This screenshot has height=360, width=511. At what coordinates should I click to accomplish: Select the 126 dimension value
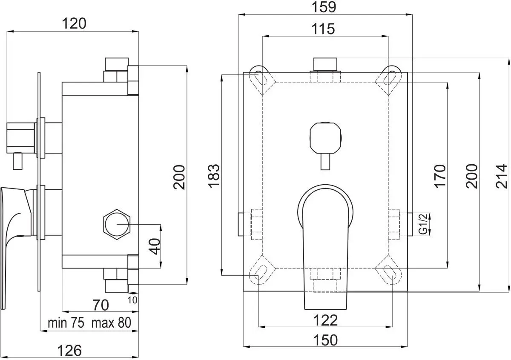coord(69,350)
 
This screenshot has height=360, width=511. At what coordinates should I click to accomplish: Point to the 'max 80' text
coord(110,323)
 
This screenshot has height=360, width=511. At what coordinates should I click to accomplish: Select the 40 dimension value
coord(156,246)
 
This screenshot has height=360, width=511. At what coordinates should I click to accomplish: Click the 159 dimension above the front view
coord(324,7)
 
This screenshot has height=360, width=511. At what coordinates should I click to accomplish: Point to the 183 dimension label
coord(214,175)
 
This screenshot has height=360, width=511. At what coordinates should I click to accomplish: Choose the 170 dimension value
coord(440,175)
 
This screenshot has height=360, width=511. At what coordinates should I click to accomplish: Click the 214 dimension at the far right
coord(502,175)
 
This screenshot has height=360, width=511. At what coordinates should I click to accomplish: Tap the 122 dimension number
coord(325,320)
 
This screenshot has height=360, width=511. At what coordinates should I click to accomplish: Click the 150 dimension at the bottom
coord(325,340)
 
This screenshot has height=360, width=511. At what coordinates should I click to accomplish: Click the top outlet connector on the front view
coord(325,64)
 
